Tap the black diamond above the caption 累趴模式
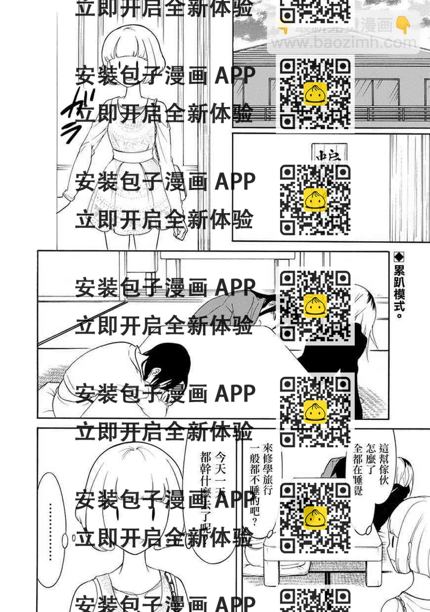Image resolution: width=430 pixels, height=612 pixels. click(399, 257)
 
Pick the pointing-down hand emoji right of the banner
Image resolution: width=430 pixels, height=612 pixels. click(403, 24)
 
